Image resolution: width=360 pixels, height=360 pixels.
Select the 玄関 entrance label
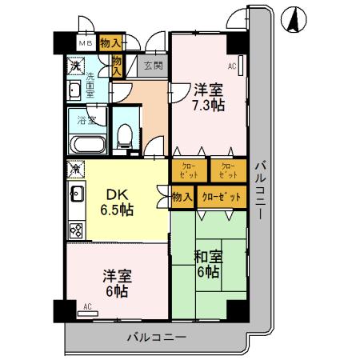point(154,66)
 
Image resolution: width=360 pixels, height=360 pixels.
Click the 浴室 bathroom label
point(86,122)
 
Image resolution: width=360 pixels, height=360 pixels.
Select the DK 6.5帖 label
point(116,202)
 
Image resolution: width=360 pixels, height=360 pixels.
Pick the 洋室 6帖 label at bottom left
point(116,284)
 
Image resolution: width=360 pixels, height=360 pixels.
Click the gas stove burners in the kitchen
point(76,230)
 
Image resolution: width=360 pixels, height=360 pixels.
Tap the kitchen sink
point(76,194)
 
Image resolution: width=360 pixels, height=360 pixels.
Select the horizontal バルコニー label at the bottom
point(157,336)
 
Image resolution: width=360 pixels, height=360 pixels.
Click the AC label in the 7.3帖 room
point(232,66)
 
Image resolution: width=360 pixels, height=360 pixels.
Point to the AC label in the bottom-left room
point(87,306)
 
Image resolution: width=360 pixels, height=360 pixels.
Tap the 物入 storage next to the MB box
point(111,43)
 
